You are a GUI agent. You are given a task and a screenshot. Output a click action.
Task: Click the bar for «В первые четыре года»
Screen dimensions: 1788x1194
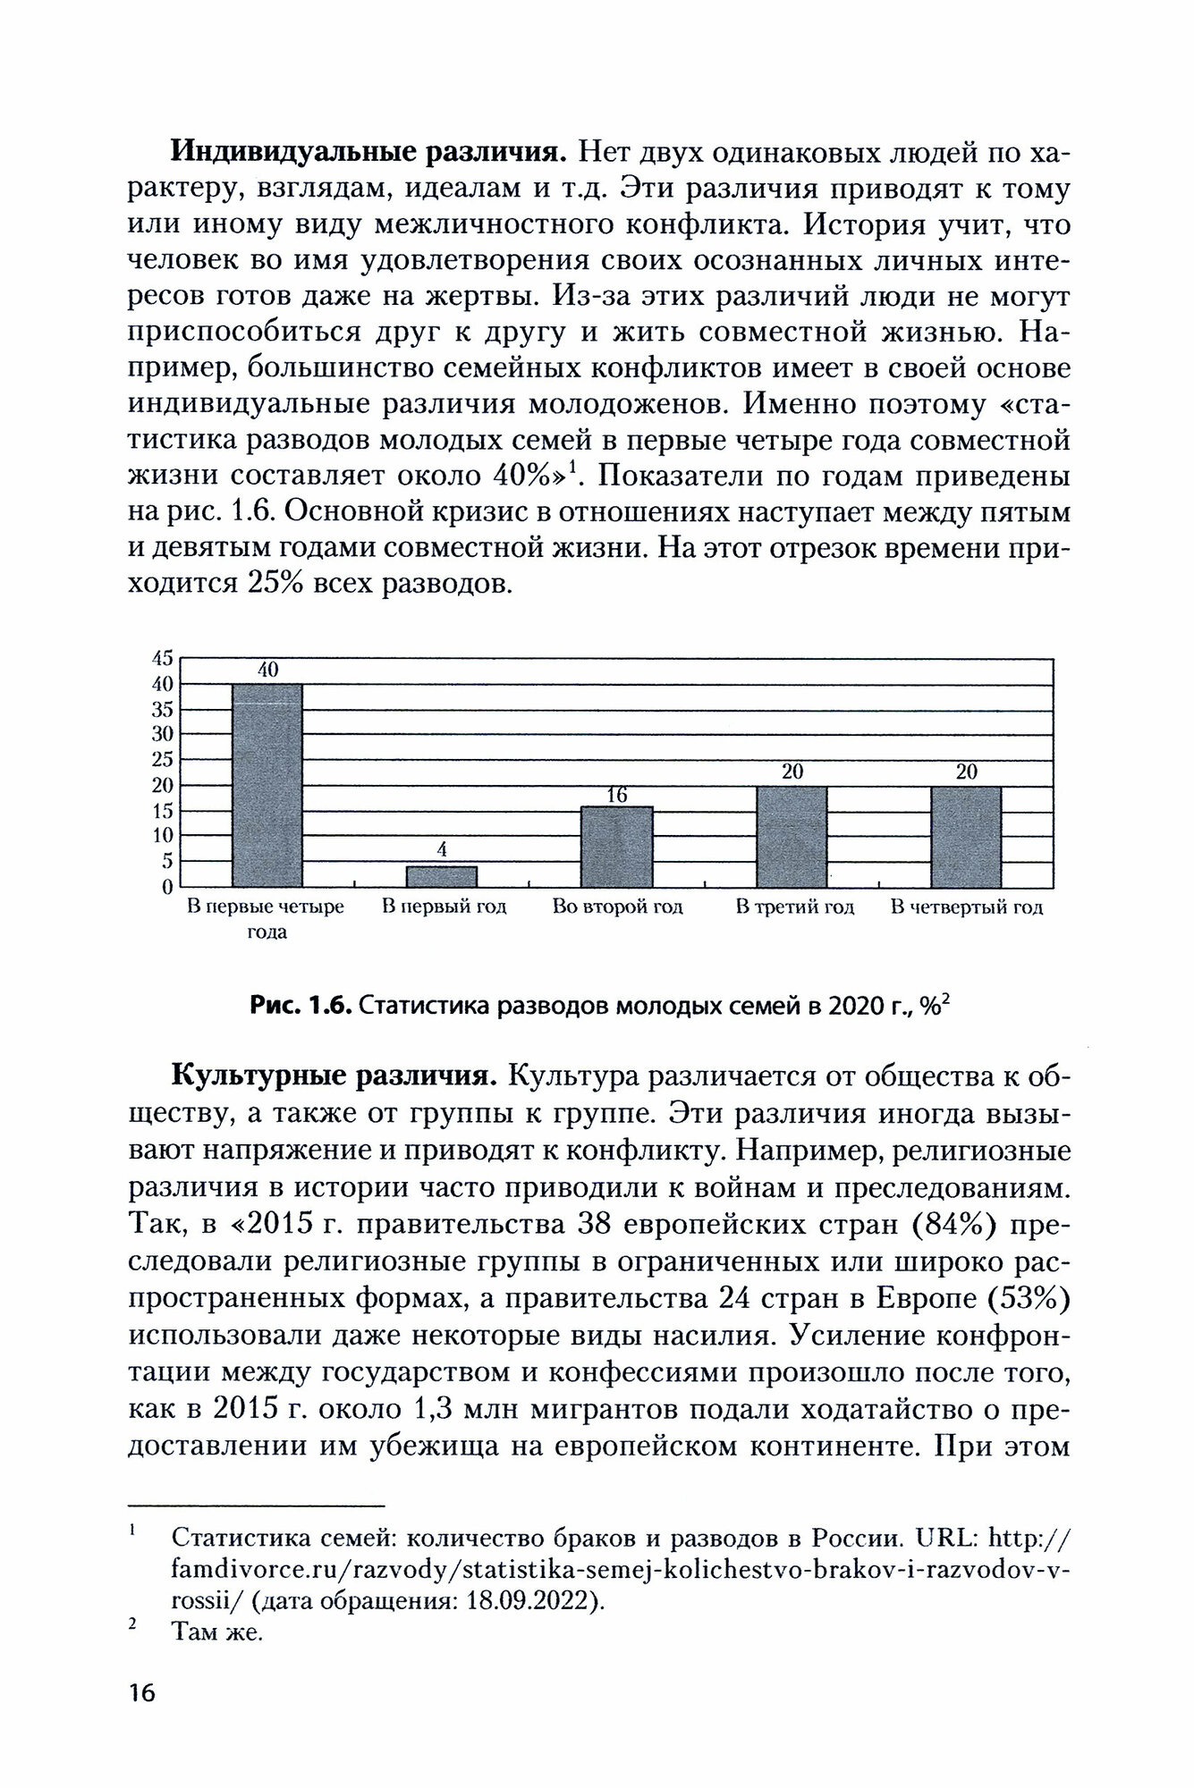(x=267, y=785)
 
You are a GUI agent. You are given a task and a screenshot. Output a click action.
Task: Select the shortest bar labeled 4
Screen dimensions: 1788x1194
(x=442, y=876)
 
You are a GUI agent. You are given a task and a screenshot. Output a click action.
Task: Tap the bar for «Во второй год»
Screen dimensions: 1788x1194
(x=617, y=846)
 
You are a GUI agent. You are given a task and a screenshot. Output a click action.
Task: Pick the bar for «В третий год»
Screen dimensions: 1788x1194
(x=792, y=836)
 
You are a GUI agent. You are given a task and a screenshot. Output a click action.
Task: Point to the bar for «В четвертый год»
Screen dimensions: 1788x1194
(x=966, y=836)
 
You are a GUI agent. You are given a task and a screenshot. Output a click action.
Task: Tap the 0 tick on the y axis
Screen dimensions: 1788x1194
(x=166, y=887)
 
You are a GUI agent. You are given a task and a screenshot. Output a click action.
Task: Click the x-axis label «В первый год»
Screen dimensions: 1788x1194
(x=445, y=907)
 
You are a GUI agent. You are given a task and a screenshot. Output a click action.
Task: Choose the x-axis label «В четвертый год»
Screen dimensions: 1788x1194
(x=967, y=907)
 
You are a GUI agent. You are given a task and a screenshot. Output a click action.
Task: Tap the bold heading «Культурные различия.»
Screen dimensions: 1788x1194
(x=334, y=1075)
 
